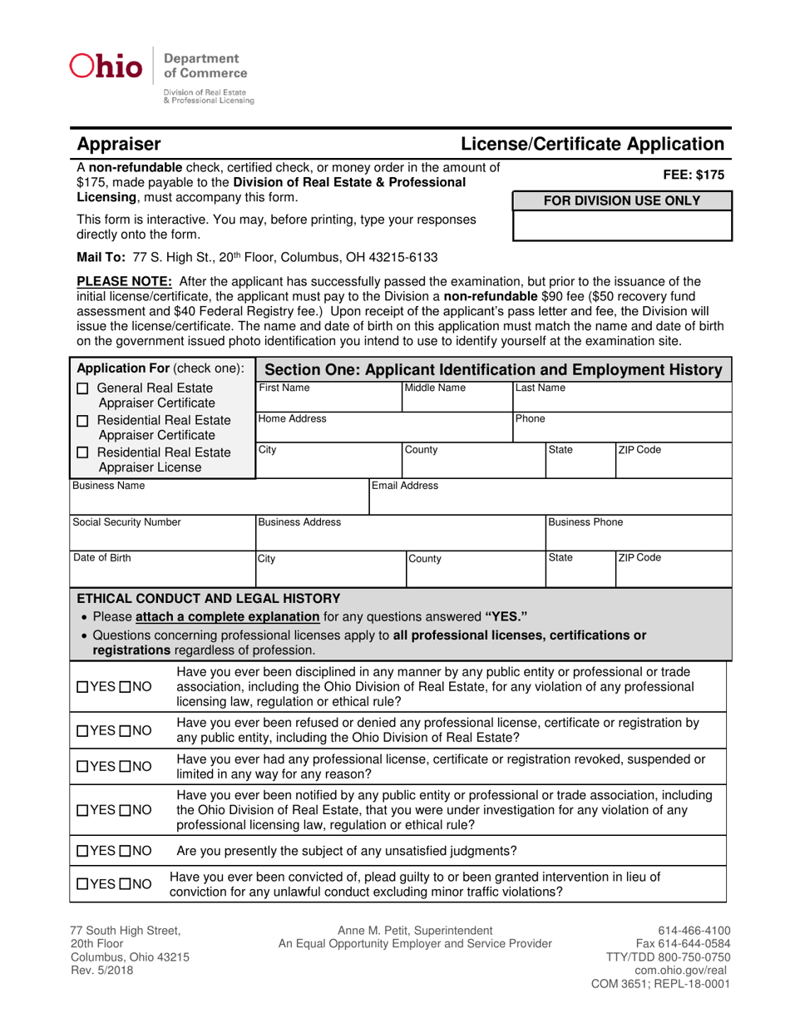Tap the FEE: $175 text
[x=694, y=175]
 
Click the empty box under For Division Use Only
[x=622, y=225]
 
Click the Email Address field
[x=549, y=501]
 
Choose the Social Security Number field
[x=161, y=537]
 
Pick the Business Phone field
[x=637, y=537]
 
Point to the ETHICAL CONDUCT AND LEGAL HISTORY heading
[x=208, y=598]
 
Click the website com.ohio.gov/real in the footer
[x=682, y=970]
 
